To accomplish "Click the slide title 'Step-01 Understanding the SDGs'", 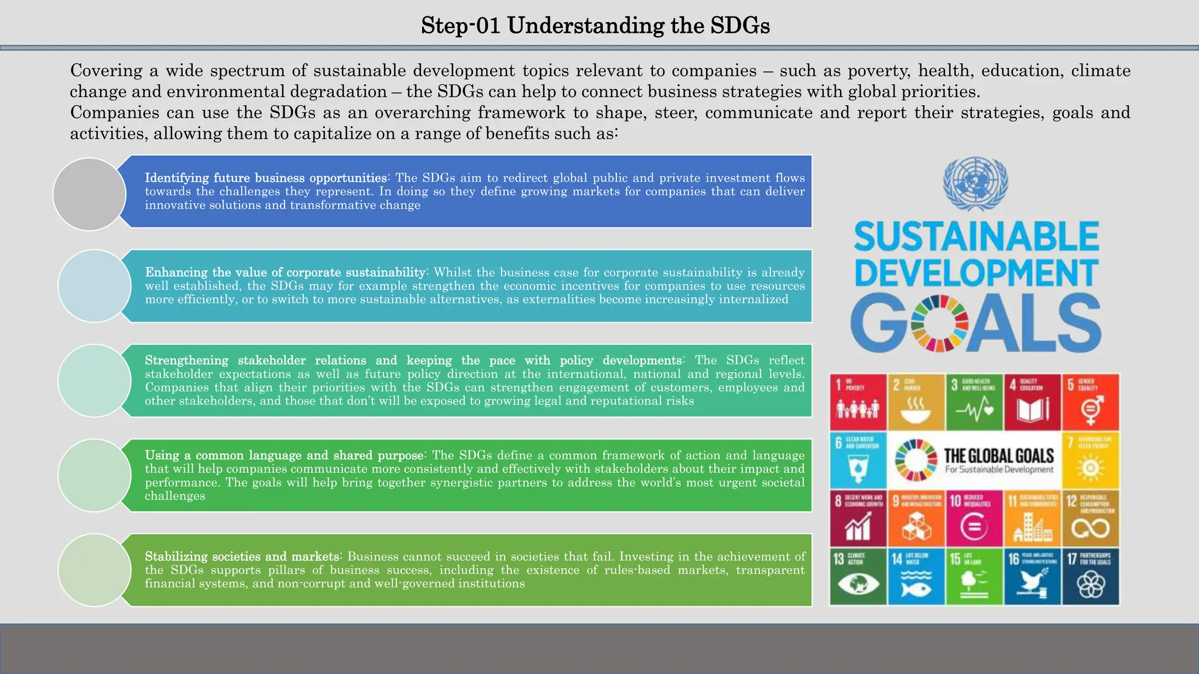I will click(x=595, y=26).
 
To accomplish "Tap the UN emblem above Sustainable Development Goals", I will click(x=975, y=184).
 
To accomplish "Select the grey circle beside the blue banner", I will click(x=90, y=194).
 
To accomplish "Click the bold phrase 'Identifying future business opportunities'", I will click(x=266, y=178).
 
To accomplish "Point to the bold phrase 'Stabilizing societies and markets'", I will click(x=242, y=556).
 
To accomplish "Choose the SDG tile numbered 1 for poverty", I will click(x=858, y=402).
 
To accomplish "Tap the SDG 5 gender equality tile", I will click(x=1091, y=402).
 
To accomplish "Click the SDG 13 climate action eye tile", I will click(x=858, y=576).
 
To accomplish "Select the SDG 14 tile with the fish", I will click(x=916, y=576).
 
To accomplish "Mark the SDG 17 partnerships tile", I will click(x=1091, y=576).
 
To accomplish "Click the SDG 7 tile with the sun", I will click(x=1091, y=460).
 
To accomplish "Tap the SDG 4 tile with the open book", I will click(x=1032, y=402).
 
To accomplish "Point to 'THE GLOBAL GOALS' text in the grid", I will click(x=999, y=456).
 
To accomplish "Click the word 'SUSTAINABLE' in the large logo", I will click(x=977, y=236).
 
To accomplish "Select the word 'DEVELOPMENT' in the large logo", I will click(x=977, y=273).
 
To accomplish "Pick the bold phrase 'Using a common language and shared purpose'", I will click(x=285, y=455).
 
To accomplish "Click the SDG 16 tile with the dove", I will click(x=1032, y=576).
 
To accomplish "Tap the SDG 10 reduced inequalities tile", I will click(x=974, y=518).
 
